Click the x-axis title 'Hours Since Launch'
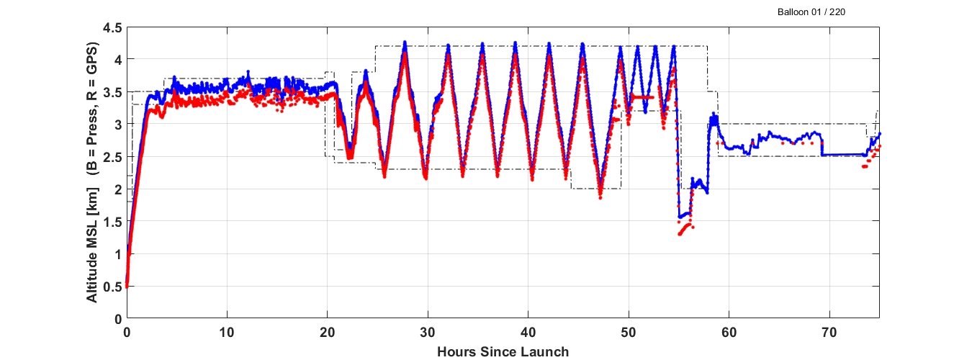pyautogui.click(x=503, y=352)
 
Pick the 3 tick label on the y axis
pyautogui.click(x=115, y=125)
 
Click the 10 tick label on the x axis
pyautogui.click(x=227, y=334)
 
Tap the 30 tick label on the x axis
pyautogui.click(x=428, y=334)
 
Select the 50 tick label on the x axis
pyautogui.click(x=629, y=334)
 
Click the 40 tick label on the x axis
pyautogui.click(x=528, y=334)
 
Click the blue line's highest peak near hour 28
pyautogui.click(x=405, y=42)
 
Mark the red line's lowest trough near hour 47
pyautogui.click(x=600, y=196)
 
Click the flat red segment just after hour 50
pyautogui.click(x=641, y=96)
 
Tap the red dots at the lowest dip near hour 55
pyautogui.click(x=680, y=233)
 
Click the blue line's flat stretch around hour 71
pyautogui.click(x=842, y=155)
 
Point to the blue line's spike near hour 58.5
pyautogui.click(x=714, y=114)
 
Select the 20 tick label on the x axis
pyautogui.click(x=328, y=334)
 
